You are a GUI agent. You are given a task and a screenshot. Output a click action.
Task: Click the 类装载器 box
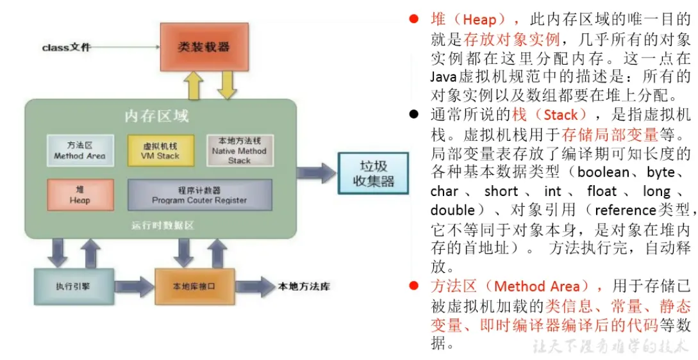pos(203,46)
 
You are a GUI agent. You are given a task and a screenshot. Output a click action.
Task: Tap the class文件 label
pos(67,47)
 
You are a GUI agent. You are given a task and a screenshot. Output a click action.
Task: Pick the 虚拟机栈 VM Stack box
pos(160,151)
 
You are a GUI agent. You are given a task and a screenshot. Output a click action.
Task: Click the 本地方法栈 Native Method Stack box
pos(239,151)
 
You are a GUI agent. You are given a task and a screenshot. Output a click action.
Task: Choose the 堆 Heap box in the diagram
pos(80,195)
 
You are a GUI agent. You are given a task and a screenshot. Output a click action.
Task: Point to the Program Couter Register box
pos(199,195)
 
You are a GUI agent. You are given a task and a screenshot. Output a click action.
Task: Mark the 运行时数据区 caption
pos(163,225)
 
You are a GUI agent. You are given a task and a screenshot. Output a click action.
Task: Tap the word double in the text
pos(453,210)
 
